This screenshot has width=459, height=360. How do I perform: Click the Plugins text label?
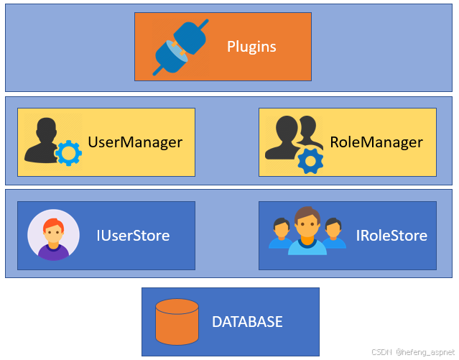(x=251, y=47)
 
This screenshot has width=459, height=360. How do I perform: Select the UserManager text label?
(x=135, y=142)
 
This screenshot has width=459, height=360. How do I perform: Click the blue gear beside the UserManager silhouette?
(x=69, y=153)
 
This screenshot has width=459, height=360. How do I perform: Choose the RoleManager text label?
(x=376, y=142)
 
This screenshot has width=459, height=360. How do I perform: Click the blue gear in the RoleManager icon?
(x=310, y=161)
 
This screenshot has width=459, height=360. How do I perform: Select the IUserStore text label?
(x=134, y=235)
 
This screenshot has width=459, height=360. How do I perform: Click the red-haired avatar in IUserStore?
(x=53, y=235)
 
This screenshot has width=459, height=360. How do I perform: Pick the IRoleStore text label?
(x=391, y=236)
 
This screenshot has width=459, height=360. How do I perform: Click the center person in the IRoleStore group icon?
(x=307, y=230)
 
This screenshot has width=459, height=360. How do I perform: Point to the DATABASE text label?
(x=247, y=322)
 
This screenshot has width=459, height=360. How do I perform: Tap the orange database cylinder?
(x=177, y=321)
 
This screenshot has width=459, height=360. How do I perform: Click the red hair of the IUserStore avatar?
(x=53, y=223)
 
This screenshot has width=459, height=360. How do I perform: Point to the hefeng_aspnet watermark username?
(x=424, y=352)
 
